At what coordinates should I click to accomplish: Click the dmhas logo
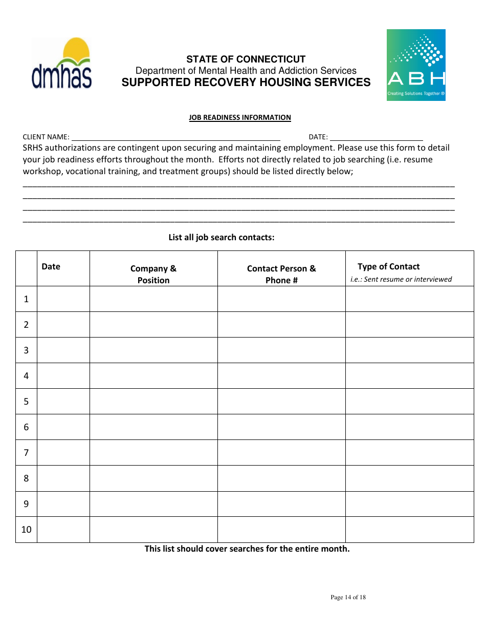point(62,64)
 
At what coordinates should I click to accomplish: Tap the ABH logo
point(416,65)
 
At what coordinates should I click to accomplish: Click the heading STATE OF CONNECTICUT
point(246,59)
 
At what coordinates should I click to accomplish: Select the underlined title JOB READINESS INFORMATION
point(240,118)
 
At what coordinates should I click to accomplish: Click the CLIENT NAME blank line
point(175,137)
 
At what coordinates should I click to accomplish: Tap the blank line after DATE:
point(376,137)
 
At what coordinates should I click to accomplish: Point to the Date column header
point(51,266)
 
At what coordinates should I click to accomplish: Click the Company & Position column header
point(153,274)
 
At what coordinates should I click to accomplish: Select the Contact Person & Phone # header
point(281,274)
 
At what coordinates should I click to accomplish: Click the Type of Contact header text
point(388,266)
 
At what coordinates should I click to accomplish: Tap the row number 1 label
point(26,299)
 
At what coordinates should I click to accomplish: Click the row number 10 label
point(26,530)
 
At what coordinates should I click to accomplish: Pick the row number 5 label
point(26,402)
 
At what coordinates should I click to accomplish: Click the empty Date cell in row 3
point(63,350)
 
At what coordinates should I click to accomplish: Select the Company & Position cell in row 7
point(153,453)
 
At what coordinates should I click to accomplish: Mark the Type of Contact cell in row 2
point(409,325)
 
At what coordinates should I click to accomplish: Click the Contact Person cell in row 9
point(281,504)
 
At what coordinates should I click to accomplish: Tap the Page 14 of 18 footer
point(348,597)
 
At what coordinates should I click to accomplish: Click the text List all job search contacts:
point(222,237)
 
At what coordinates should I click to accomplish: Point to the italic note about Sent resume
point(401,279)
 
